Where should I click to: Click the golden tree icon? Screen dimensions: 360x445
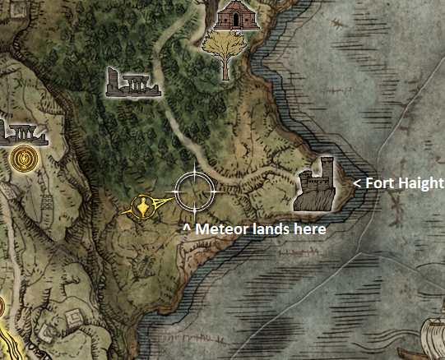tap(225, 50)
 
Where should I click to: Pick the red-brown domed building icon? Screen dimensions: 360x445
tap(237, 15)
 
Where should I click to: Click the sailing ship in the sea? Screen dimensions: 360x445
tap(431, 339)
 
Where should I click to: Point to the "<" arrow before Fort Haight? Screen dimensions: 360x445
tap(357, 183)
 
